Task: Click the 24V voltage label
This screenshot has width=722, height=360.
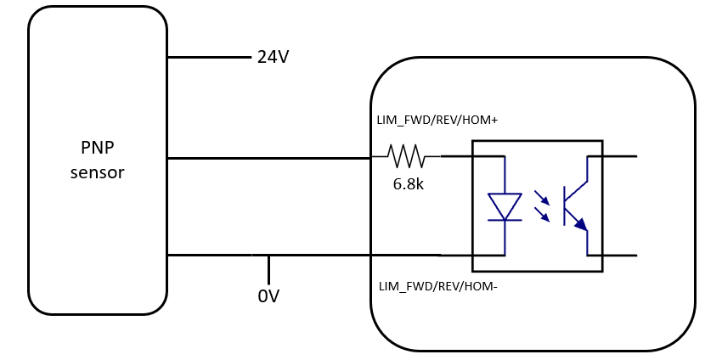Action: coord(273,58)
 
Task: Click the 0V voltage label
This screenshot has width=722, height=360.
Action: coord(268,296)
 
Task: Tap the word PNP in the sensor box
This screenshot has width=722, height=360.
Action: coord(97,148)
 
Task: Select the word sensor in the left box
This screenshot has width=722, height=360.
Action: coord(97,172)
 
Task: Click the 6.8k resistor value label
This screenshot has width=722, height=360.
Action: coord(408,183)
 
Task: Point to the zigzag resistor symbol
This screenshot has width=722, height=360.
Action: coord(406,156)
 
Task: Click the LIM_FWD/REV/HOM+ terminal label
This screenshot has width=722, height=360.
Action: coord(437,121)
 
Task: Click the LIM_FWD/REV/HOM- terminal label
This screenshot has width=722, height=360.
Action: coord(437,286)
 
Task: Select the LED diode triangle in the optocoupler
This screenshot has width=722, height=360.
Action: coord(505,206)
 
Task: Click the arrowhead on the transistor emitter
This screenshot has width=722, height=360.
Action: coord(580,224)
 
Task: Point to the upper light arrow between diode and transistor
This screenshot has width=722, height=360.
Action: coord(541,197)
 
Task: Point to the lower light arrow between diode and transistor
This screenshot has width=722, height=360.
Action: coord(541,214)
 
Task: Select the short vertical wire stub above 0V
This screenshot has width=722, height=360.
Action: coord(268,269)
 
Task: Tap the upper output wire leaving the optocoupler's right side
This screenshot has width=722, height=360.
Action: coord(620,156)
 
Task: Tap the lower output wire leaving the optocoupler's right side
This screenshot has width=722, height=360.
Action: coord(620,256)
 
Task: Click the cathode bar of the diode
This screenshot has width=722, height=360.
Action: coord(505,220)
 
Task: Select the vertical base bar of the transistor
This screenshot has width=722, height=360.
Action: coord(565,205)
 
